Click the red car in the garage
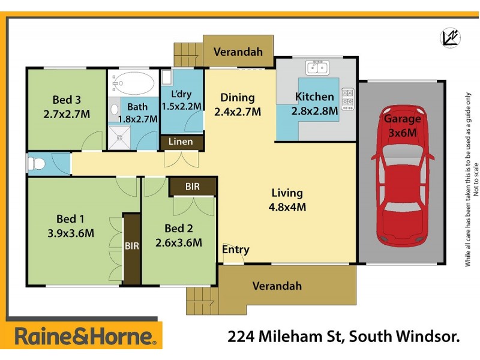403,177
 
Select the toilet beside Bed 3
37,163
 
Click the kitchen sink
316,67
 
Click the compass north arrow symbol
450,37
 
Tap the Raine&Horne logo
86,335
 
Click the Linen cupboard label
181,142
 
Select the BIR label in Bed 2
192,187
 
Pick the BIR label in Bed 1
131,245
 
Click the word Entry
236,250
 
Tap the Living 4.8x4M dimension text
287,207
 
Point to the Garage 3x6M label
403,125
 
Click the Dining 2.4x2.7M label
238,104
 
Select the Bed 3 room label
66,106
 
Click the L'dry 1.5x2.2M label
182,100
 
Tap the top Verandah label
238,52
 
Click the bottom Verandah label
277,286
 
